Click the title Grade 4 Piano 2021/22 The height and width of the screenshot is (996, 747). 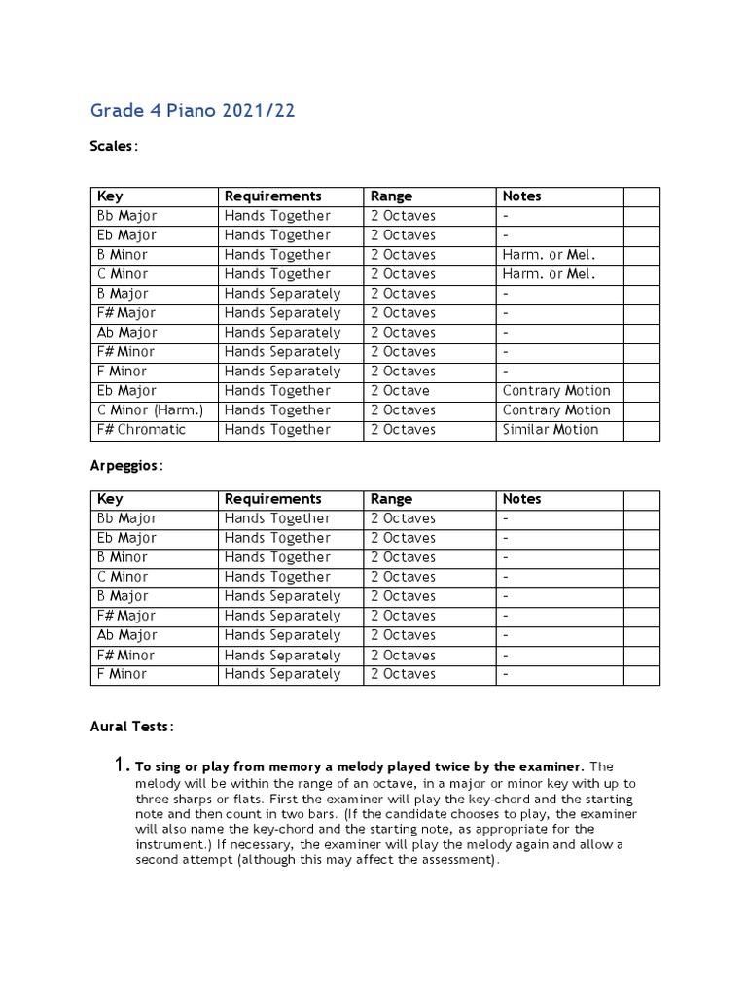click(193, 110)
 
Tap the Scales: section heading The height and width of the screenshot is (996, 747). click(114, 146)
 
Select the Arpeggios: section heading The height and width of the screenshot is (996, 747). click(126, 465)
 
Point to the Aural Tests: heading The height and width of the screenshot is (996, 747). click(132, 727)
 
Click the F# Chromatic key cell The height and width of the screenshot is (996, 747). click(141, 430)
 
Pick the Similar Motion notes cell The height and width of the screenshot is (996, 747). click(551, 430)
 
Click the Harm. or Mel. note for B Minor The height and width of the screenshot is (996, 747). click(549, 255)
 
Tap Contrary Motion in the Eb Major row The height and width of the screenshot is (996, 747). click(556, 391)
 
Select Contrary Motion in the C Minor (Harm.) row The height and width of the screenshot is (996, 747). click(556, 410)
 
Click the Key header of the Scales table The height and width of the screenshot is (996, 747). click(110, 196)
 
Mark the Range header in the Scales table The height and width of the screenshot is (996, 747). click(391, 196)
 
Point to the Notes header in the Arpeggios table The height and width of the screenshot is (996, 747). click(521, 499)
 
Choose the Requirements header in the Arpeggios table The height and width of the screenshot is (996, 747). click(272, 499)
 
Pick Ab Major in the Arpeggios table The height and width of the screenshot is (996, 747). click(126, 635)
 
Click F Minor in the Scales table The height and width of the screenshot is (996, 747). click(123, 372)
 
